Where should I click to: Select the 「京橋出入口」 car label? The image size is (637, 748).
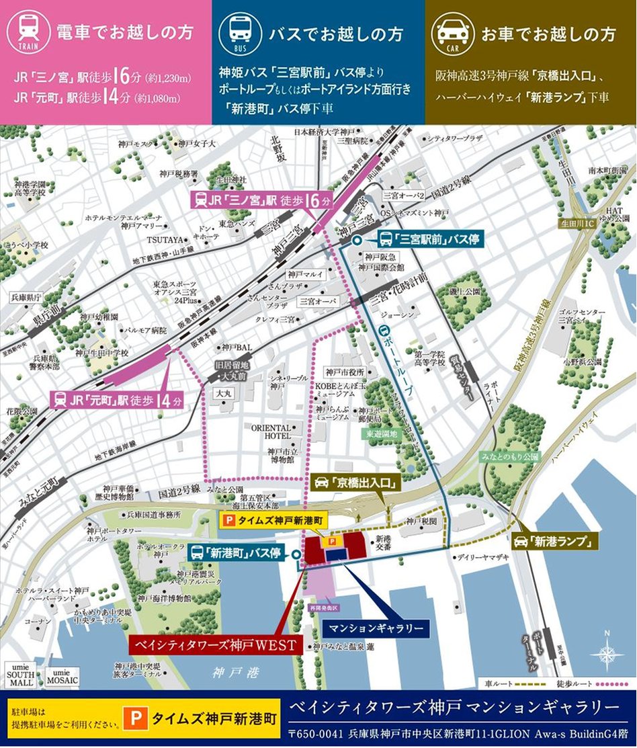[x=357, y=482]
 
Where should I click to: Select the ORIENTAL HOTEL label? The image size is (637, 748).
[x=271, y=431]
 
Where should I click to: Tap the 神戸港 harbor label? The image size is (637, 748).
[x=225, y=671]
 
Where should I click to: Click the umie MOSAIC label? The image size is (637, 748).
[x=62, y=676]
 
